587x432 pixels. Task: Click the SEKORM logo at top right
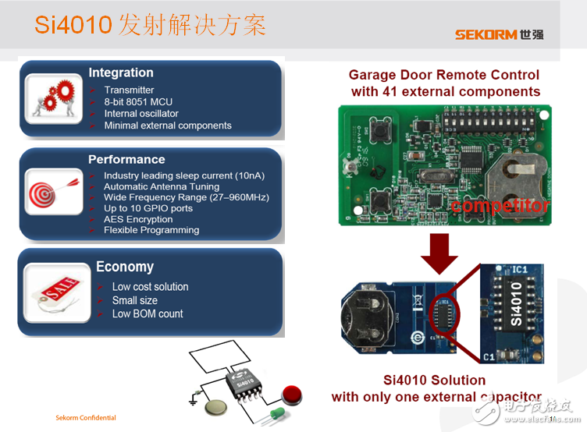pyautogui.click(x=499, y=34)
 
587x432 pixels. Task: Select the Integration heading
pyautogui.click(x=121, y=73)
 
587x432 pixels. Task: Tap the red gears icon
pyautogui.click(x=53, y=99)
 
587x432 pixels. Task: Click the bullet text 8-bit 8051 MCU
pyautogui.click(x=138, y=102)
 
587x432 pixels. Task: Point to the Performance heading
pyautogui.click(x=126, y=159)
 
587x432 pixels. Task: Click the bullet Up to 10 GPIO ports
pyautogui.click(x=148, y=208)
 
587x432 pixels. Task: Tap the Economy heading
pyautogui.click(x=125, y=267)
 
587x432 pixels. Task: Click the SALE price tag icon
pyautogui.click(x=53, y=292)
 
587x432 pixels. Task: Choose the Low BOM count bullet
pyautogui.click(x=148, y=313)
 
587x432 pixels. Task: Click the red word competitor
pyautogui.click(x=500, y=206)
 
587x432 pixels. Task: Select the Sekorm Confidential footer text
pyautogui.click(x=85, y=418)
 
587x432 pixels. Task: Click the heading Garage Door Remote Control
pyautogui.click(x=443, y=75)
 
